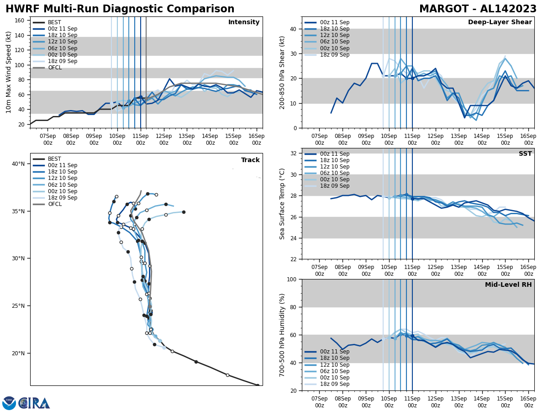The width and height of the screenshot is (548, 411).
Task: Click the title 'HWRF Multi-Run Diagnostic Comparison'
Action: click(x=120, y=9)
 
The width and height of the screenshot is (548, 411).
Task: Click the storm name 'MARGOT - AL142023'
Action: click(x=478, y=9)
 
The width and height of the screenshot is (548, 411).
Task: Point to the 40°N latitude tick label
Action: click(x=18, y=164)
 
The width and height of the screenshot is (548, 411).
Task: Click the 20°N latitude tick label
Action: click(x=18, y=353)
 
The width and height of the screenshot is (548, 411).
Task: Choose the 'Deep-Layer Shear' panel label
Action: click(x=500, y=22)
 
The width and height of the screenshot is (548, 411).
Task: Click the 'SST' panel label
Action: click(x=525, y=154)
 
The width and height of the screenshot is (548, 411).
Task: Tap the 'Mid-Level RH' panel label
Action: click(x=508, y=285)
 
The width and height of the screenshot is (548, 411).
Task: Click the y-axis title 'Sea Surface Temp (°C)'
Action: click(x=283, y=204)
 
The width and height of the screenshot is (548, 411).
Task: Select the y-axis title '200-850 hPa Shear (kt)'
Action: click(x=283, y=73)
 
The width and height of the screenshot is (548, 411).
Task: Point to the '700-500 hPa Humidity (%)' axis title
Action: click(x=283, y=335)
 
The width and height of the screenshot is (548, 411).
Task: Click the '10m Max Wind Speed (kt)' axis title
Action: click(x=9, y=72)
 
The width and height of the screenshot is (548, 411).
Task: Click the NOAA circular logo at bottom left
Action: click(x=9, y=403)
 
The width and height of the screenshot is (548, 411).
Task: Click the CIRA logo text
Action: click(x=35, y=403)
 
